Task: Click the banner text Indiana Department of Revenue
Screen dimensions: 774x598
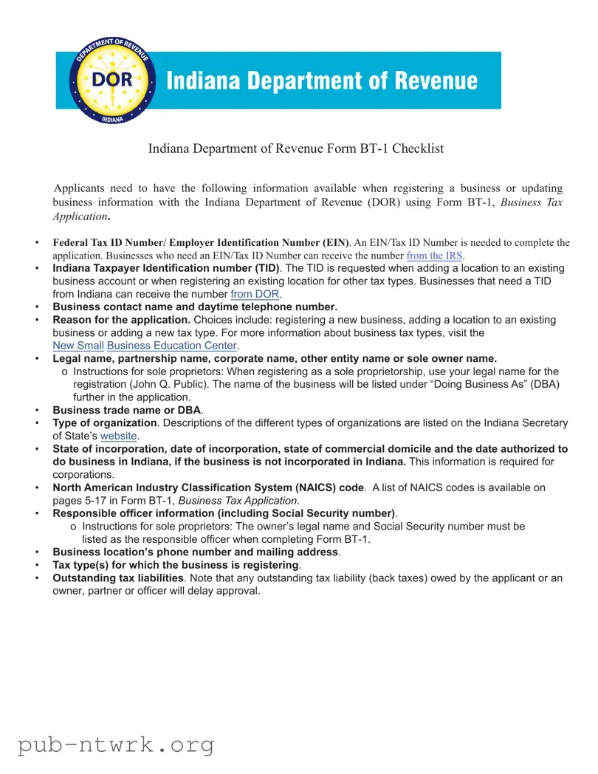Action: pyautogui.click(x=322, y=81)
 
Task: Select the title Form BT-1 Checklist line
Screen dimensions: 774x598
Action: pyautogui.click(x=296, y=148)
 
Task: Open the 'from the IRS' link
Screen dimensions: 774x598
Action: pyautogui.click(x=436, y=256)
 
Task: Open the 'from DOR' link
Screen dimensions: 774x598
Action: pyautogui.click(x=255, y=294)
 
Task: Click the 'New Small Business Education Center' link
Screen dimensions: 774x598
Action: pyautogui.click(x=145, y=346)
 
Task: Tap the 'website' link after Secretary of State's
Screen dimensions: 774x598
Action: pyautogui.click(x=119, y=436)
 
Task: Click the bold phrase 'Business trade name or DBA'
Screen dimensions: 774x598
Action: pyautogui.click(x=126, y=410)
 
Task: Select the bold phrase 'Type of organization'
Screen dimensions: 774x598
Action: pyautogui.click(x=105, y=423)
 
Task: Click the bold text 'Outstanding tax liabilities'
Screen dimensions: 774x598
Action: pyautogui.click(x=118, y=578)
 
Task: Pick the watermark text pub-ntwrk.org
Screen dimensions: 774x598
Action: pyautogui.click(x=117, y=744)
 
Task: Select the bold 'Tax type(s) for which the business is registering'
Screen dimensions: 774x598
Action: pyautogui.click(x=176, y=565)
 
